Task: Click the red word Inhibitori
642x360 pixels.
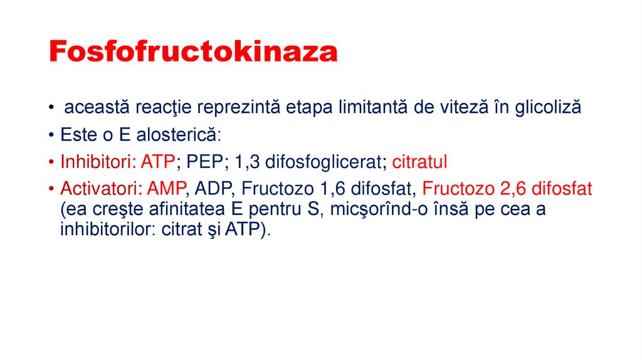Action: click(95, 162)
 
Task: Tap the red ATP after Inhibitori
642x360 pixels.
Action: click(157, 162)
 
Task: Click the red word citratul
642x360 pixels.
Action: click(419, 162)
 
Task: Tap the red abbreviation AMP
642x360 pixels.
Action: click(168, 189)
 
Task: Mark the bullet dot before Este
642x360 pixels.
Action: click(51, 135)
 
